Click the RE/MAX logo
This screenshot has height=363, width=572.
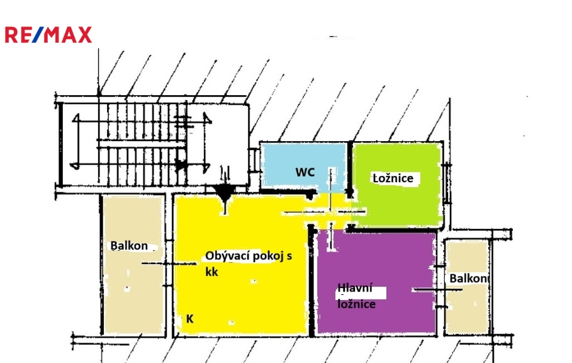[x=48, y=35]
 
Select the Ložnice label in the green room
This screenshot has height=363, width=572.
[x=393, y=178]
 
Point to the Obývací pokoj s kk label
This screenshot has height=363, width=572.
[x=249, y=264]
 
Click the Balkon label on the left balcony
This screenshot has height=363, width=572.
[x=129, y=245]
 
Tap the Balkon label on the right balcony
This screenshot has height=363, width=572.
[x=469, y=278]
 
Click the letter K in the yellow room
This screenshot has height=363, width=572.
[x=189, y=319]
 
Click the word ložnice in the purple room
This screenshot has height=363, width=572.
[x=357, y=304]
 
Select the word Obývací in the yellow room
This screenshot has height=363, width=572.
[x=227, y=256]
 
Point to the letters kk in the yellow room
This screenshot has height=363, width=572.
[x=212, y=272]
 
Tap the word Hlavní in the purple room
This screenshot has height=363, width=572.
[x=353, y=289]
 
